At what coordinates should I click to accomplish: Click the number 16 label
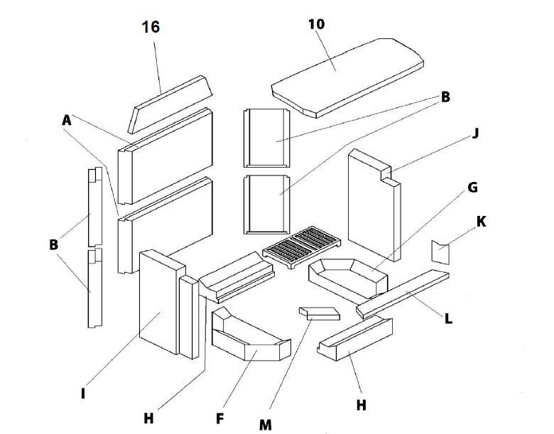(x=151, y=27)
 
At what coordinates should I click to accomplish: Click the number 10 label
(x=317, y=23)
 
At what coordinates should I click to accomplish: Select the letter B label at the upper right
(x=445, y=97)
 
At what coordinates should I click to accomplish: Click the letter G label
(x=473, y=188)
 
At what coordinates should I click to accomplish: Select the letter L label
(x=448, y=319)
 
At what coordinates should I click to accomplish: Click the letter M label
(x=265, y=424)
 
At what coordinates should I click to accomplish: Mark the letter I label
(x=83, y=391)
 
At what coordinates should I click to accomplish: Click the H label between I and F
(x=148, y=418)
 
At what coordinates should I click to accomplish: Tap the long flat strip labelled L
(x=403, y=292)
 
